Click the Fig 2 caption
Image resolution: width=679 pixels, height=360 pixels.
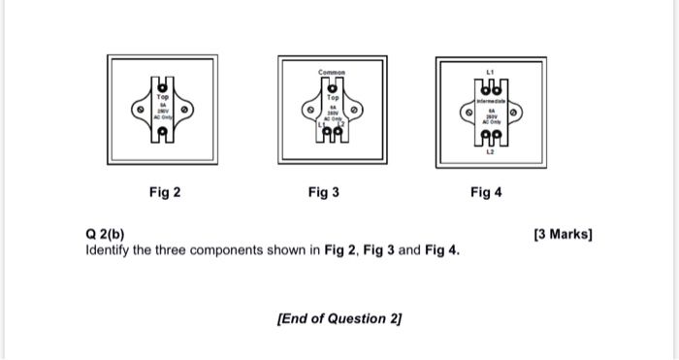[164, 192]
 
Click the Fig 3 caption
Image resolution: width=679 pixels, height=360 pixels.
[324, 192]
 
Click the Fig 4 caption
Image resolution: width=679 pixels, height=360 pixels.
[486, 192]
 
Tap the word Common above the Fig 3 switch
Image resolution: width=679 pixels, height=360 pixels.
[332, 73]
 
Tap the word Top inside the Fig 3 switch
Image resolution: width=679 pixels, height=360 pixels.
[332, 98]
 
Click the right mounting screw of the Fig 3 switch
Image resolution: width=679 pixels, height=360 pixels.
[355, 111]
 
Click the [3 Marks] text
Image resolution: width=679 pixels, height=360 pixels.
[563, 235]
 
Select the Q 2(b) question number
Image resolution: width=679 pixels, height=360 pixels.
[105, 235]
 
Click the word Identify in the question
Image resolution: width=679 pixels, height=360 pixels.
[108, 250]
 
